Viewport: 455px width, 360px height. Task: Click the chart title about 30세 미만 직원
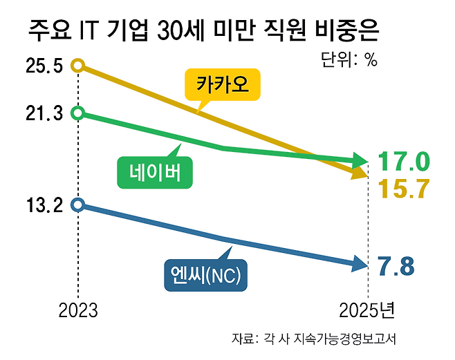pyautogui.click(x=204, y=30)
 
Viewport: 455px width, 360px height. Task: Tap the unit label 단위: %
pyautogui.click(x=349, y=59)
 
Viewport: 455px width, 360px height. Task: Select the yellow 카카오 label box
pyautogui.click(x=223, y=84)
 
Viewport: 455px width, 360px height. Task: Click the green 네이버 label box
pyautogui.click(x=155, y=173)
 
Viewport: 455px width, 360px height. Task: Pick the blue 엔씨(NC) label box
pyautogui.click(x=206, y=275)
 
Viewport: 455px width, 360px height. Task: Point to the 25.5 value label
pyautogui.click(x=44, y=66)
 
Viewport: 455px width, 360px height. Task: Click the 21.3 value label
pyautogui.click(x=44, y=113)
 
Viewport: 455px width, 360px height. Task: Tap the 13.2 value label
pyautogui.click(x=44, y=205)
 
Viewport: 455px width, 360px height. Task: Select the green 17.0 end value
pyautogui.click(x=404, y=161)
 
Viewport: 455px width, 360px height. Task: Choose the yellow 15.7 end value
pyautogui.click(x=405, y=189)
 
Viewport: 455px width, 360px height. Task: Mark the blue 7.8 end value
pyautogui.click(x=396, y=267)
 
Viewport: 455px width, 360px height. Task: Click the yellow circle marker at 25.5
pyautogui.click(x=78, y=65)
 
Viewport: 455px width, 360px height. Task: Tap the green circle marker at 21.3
pyautogui.click(x=78, y=113)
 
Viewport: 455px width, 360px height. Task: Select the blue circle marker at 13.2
pyautogui.click(x=78, y=205)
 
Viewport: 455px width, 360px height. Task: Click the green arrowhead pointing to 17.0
pyautogui.click(x=359, y=160)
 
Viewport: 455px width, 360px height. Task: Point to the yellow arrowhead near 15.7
pyautogui.click(x=360, y=173)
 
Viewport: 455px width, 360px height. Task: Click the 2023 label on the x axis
pyautogui.click(x=78, y=311)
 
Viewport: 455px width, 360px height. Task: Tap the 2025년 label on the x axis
pyautogui.click(x=366, y=310)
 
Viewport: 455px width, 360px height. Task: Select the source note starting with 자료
pyautogui.click(x=314, y=339)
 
